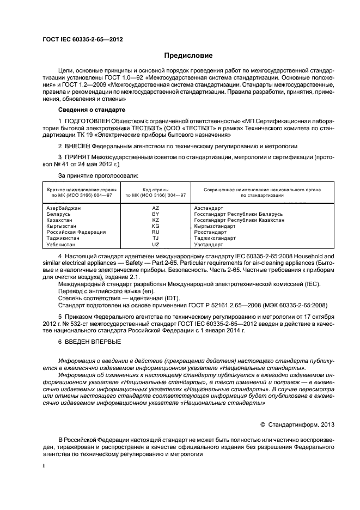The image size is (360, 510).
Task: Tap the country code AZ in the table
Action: click(x=155, y=208)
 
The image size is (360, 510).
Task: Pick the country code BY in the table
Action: click(x=155, y=214)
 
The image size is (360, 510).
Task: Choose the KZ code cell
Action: click(x=155, y=220)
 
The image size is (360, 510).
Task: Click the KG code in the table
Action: click(x=155, y=226)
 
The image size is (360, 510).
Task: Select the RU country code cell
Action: click(x=155, y=232)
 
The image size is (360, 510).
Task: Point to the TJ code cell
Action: click(x=155, y=238)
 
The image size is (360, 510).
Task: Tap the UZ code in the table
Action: click(x=155, y=244)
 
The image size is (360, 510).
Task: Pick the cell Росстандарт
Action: click(x=211, y=232)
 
